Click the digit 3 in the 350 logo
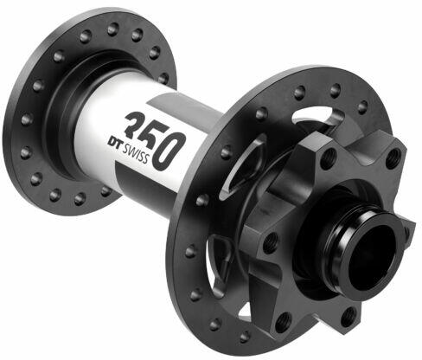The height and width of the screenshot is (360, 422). coord(137,125)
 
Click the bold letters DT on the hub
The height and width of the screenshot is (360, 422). coord(115,144)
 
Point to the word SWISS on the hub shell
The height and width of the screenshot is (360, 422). coord(136,155)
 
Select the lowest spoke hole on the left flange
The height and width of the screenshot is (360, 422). coord(80,199)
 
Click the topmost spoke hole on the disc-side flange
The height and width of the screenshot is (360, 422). coord(335,90)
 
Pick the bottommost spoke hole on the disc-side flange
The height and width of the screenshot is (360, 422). coord(245,337)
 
